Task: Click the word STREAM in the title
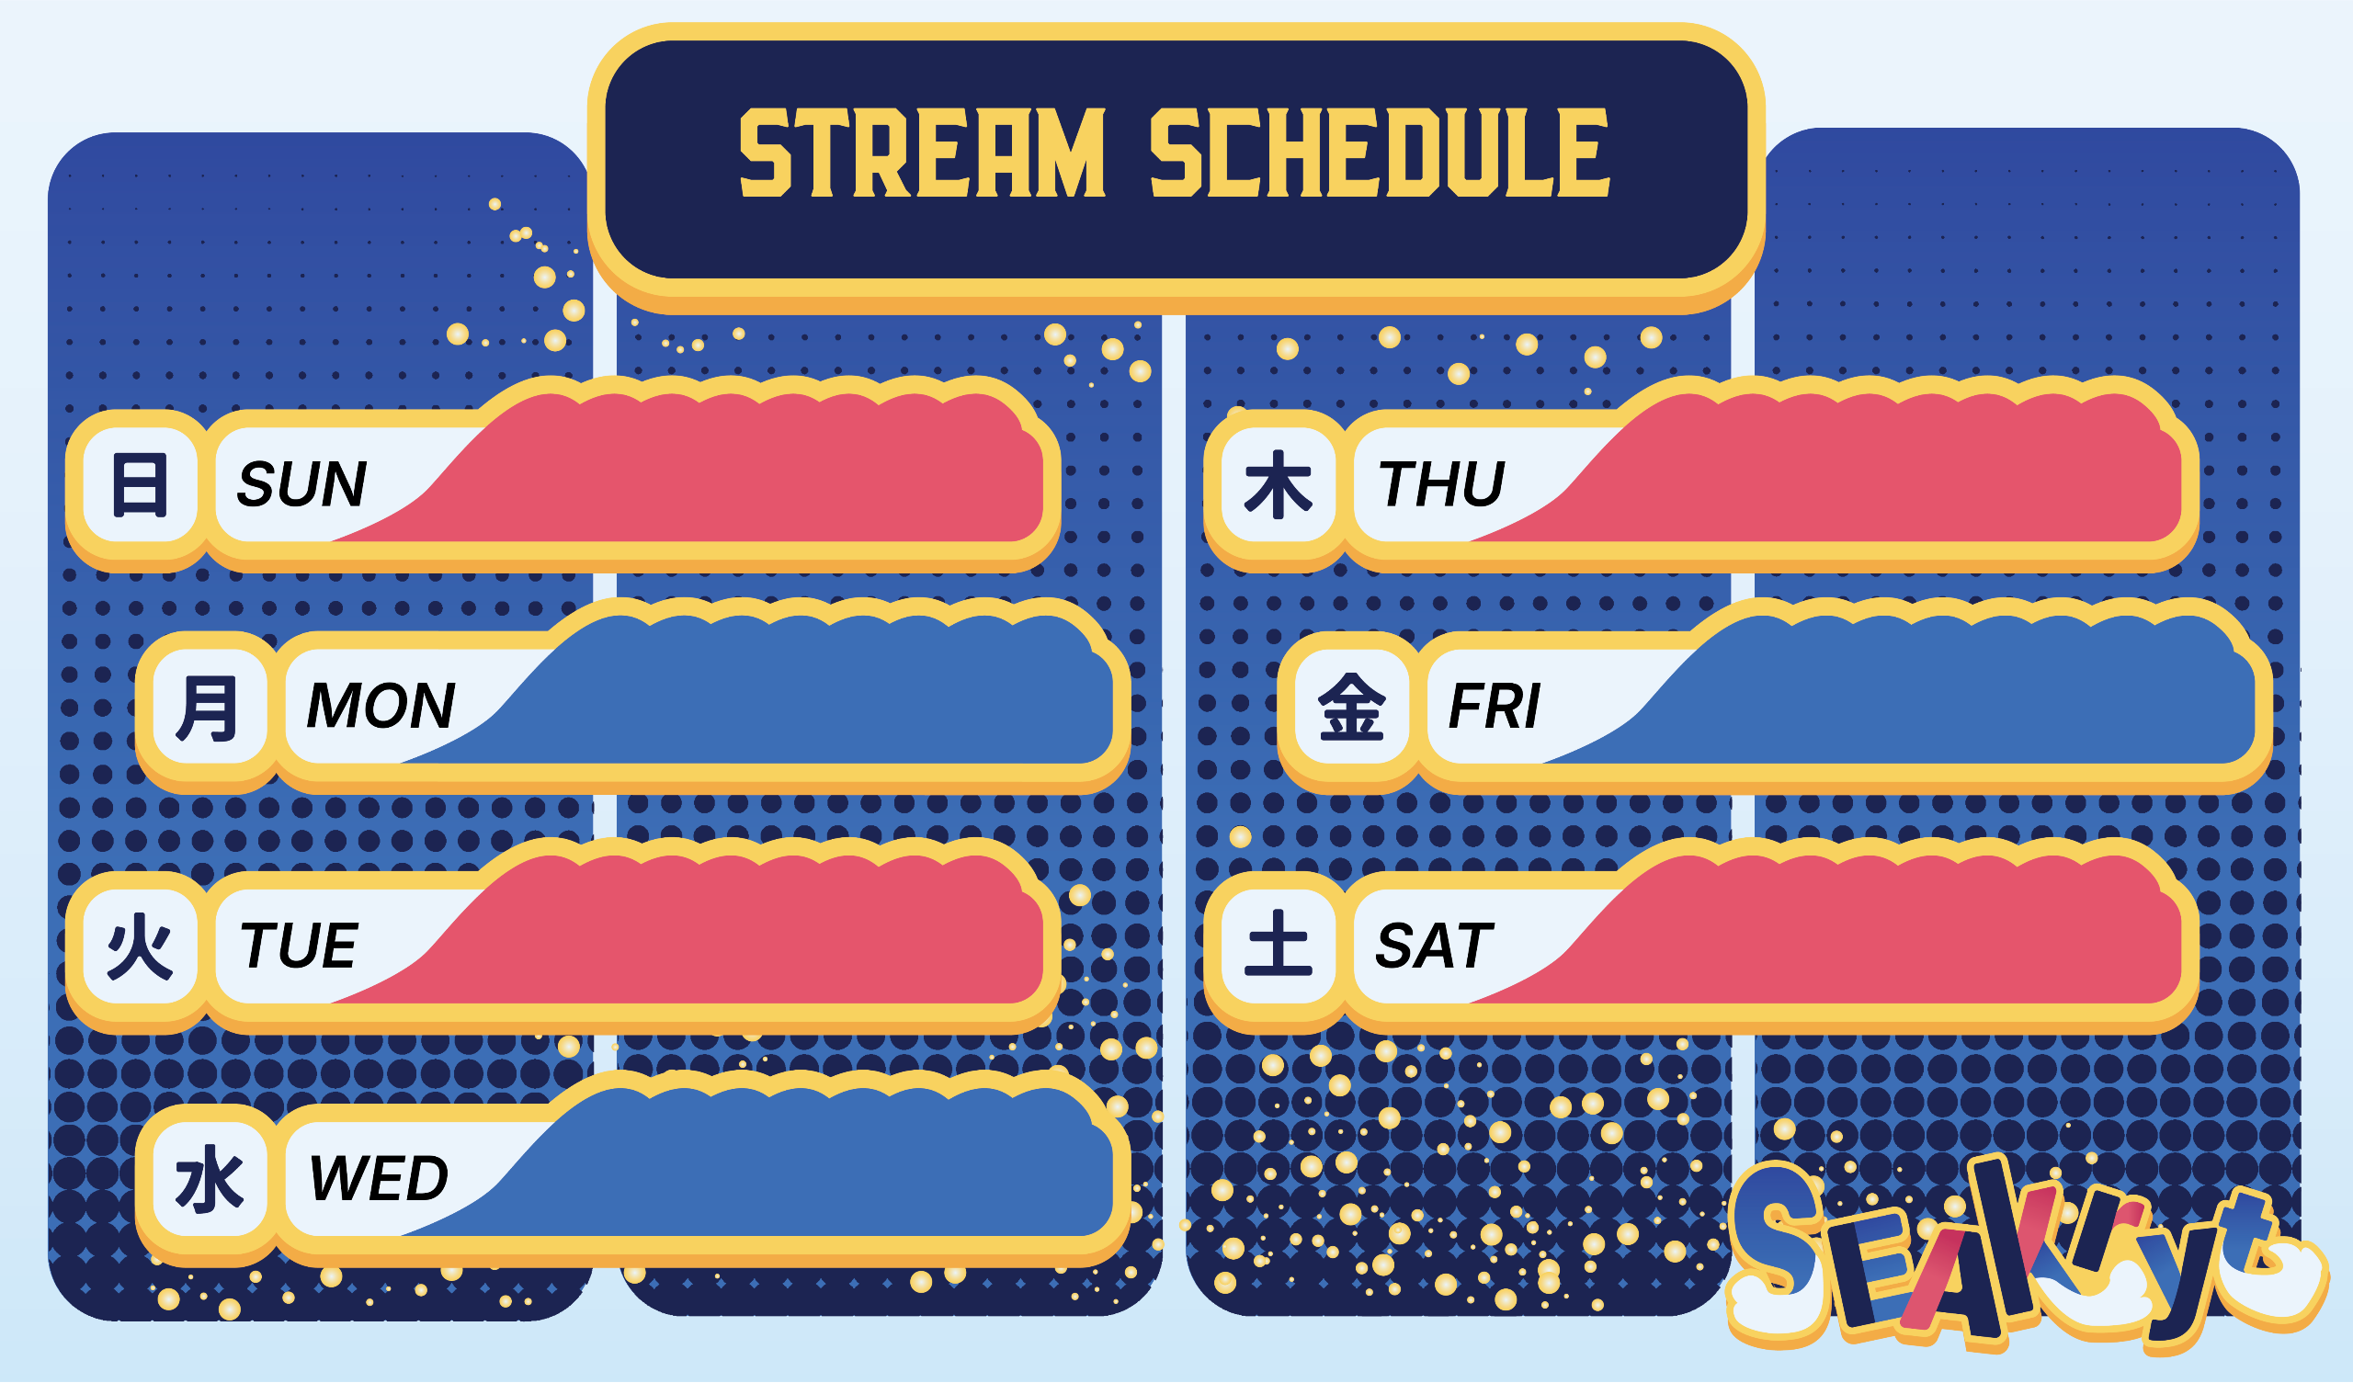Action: (x=923, y=153)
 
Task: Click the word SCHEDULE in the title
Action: (x=1380, y=153)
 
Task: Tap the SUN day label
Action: (x=301, y=483)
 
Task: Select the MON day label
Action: (x=380, y=705)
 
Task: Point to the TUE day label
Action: (x=299, y=946)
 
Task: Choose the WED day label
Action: (x=378, y=1178)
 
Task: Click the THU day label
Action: (x=1440, y=483)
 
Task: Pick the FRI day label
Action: (x=1494, y=705)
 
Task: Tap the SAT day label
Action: (x=1434, y=946)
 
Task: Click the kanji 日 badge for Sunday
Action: (x=140, y=484)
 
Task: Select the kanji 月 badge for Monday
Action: (x=210, y=707)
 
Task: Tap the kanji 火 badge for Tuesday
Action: (x=140, y=947)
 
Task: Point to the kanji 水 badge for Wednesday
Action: (x=210, y=1179)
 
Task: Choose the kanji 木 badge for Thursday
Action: (x=1279, y=484)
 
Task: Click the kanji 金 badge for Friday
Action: (x=1351, y=707)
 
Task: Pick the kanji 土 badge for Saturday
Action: (x=1279, y=947)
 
